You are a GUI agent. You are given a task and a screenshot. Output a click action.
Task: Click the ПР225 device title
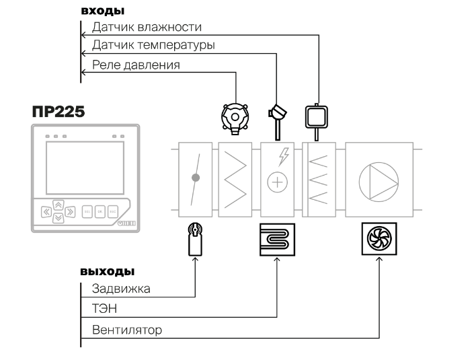pos(58,112)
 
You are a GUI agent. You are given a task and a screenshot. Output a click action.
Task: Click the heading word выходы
pos(108,273)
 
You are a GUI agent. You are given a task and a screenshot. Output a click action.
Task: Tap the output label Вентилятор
pos(127,330)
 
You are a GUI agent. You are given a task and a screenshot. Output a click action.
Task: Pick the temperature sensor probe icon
pos(276,114)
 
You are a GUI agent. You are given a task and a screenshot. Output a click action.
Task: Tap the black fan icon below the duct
pos(379,240)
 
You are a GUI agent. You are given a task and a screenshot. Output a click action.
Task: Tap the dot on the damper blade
pos(196,178)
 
